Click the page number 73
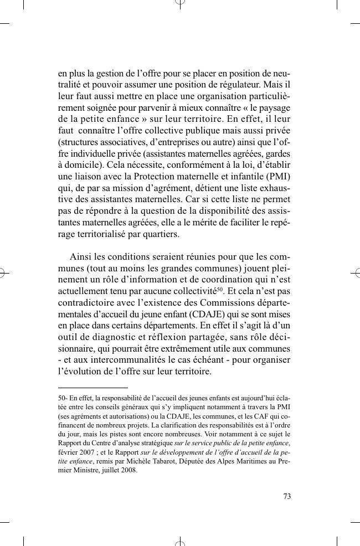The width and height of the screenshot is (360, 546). coord(287,496)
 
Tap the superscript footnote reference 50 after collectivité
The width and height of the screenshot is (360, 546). coord(219,289)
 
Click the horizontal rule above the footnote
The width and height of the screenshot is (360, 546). coord(92,388)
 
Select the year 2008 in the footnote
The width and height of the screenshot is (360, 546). coord(127,471)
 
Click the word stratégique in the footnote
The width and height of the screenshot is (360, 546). coord(157,444)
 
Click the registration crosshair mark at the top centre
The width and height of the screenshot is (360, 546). coord(180,4)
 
